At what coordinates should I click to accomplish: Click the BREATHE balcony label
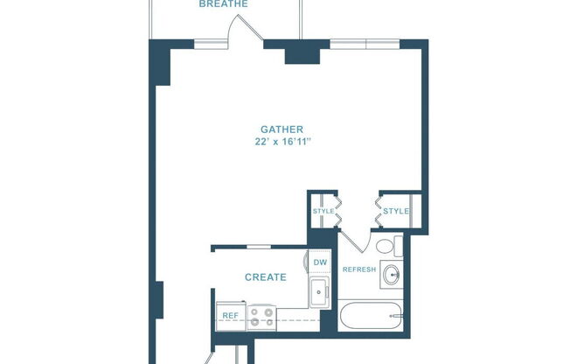pos(224,4)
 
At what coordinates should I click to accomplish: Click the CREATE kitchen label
pos(265,277)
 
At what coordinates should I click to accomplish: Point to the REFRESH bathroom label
pos(358,269)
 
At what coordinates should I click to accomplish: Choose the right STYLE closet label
pos(396,211)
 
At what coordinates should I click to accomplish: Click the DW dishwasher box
pos(320,262)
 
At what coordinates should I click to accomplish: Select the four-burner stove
pos(261,316)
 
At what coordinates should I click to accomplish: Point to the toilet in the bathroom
pos(390,246)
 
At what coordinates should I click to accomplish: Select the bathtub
pos(371,315)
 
